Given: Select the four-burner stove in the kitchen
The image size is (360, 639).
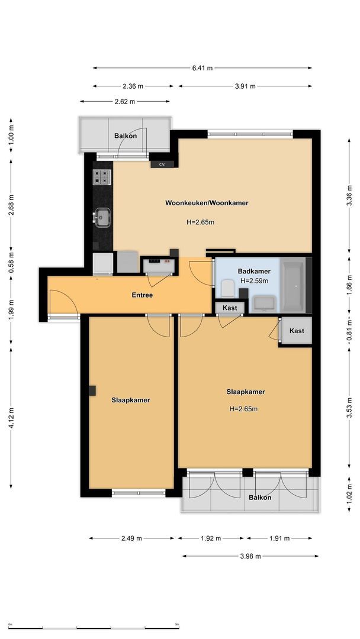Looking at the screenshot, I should pos(102,176).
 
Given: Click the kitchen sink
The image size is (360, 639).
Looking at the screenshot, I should pos(102,217).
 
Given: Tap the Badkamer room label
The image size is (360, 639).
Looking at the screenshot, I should pos(253,271).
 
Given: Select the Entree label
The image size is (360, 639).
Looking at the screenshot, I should pos(142,295).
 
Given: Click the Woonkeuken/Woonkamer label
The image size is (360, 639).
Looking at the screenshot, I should pos(207,203).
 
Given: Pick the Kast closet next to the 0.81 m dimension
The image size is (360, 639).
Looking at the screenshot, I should pos(297,331).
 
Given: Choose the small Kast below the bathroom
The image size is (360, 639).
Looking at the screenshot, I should pos(230,308).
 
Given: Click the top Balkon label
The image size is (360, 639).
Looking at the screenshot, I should pos(125,136).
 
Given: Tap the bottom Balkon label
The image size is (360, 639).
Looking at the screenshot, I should pos(260,498).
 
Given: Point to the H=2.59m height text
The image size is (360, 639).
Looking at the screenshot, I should pos(253,280).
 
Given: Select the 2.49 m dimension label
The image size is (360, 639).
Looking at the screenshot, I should pos(131,538).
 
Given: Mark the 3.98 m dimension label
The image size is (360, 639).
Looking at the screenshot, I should pos(250,556).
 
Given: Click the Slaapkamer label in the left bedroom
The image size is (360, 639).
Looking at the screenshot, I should pos(130,400).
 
